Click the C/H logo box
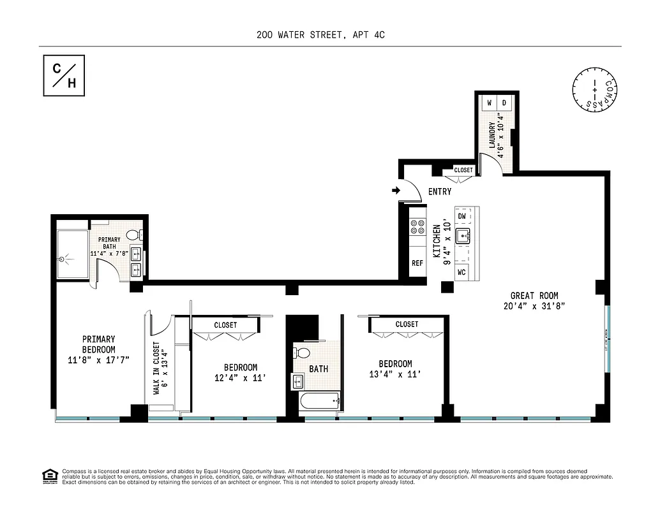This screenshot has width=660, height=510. [x=64, y=76]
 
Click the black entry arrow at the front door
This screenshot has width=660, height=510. [x=396, y=190]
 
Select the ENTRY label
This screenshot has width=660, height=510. [x=440, y=192]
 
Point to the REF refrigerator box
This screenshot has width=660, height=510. [x=417, y=263]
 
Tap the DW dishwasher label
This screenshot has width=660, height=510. [x=462, y=216]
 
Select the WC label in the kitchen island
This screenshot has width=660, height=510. [x=462, y=272]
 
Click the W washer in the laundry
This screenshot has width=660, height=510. [x=490, y=103]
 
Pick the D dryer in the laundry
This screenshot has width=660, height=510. [x=503, y=103]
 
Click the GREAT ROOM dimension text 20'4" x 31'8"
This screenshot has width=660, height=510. [x=534, y=306]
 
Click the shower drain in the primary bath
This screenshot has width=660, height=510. [x=62, y=259]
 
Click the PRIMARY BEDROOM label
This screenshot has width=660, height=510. [x=98, y=349]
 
